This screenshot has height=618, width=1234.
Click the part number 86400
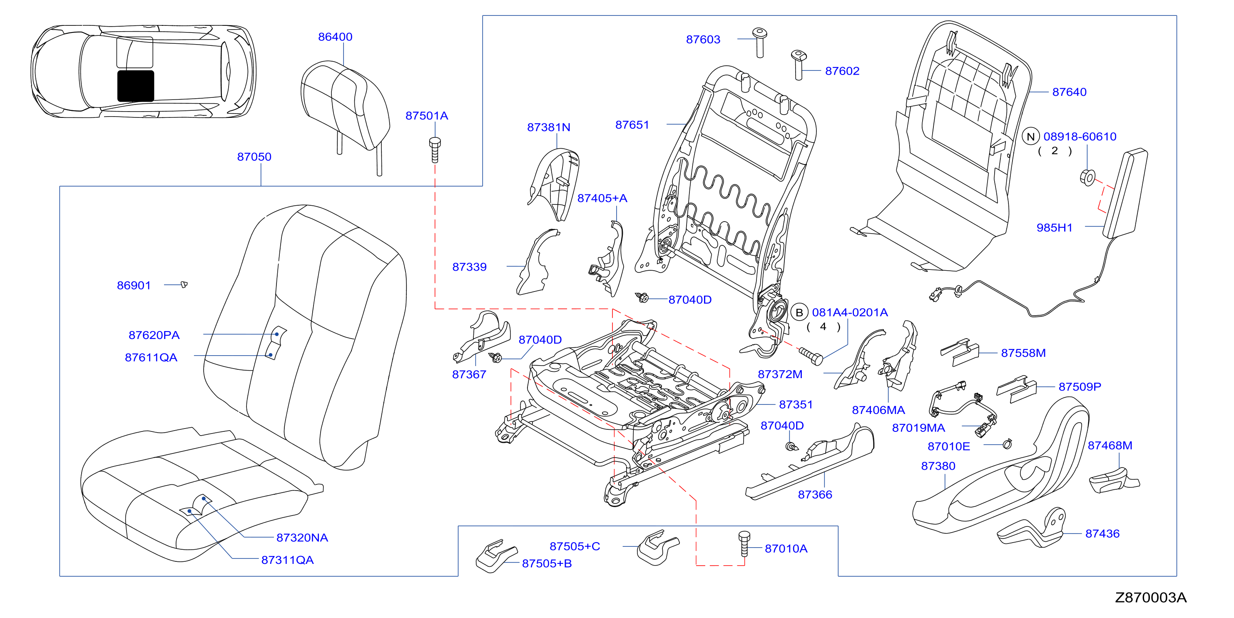pos(335,37)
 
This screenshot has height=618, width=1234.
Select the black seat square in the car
pos(136,86)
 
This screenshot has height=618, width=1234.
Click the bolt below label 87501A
pos(435,150)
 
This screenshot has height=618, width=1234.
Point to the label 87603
pos(703,39)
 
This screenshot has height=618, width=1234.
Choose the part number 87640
pos(1069,92)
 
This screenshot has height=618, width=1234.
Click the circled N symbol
pos(1030,137)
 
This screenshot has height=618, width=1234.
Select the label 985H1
pos(1055,227)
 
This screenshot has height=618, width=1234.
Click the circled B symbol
pos(799,312)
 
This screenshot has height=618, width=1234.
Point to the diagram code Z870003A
pos(1151,598)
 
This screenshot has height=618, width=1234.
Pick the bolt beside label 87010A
pos(744,544)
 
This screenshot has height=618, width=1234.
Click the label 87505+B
pos(547,563)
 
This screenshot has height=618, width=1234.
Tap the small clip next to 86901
pos(184,284)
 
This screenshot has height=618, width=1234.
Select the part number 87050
pos(254,157)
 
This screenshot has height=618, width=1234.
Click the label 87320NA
pos(302,538)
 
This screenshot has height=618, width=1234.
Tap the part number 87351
pos(796,404)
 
